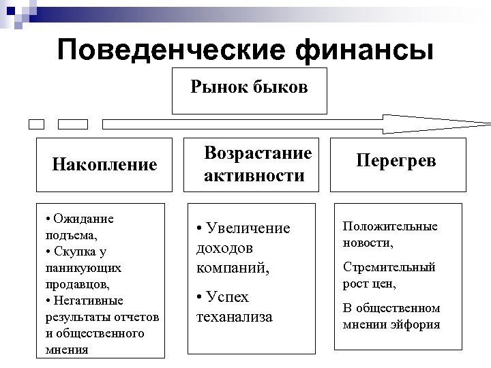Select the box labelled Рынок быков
pos(249,90)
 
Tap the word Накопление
pos(104,164)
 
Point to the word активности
pos(254,176)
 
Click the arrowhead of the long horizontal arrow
pos(471,124)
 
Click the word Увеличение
pos(246,228)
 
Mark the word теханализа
pos(233,317)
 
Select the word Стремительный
pos(389,266)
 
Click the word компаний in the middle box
pos(233,269)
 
